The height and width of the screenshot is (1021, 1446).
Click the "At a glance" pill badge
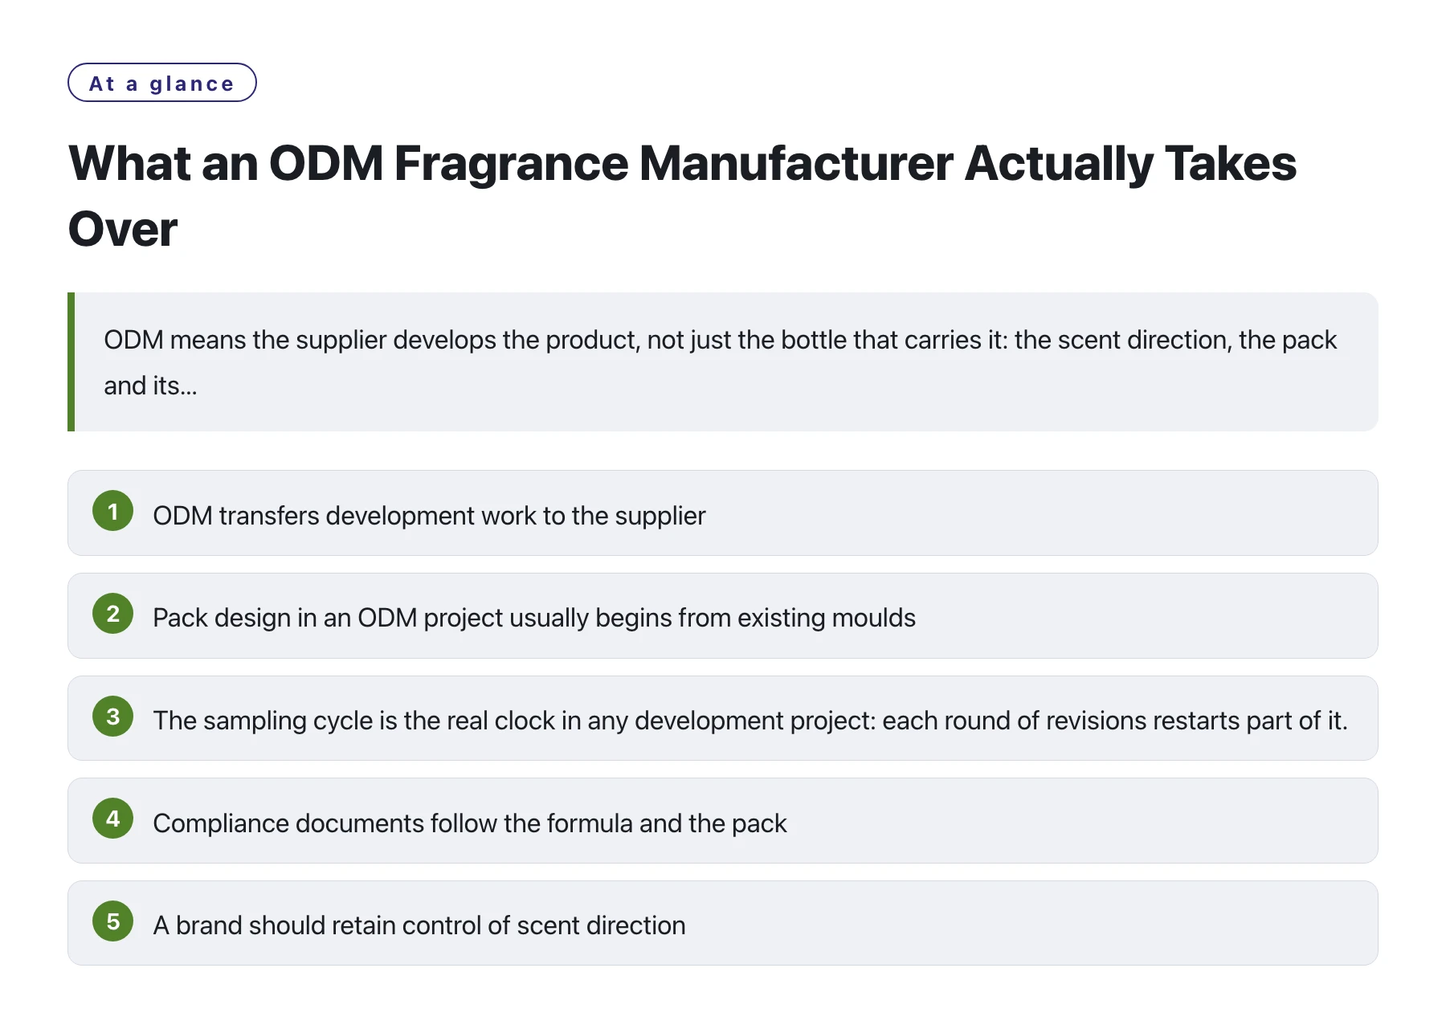(x=162, y=83)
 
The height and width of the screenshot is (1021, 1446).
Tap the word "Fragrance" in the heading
(x=511, y=163)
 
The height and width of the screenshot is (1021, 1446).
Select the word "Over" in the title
(x=123, y=229)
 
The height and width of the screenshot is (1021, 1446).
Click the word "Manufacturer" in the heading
(x=796, y=163)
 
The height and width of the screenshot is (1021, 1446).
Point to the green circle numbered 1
(x=113, y=511)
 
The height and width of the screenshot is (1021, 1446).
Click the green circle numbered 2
(x=113, y=614)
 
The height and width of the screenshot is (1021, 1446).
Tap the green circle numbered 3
(x=113, y=717)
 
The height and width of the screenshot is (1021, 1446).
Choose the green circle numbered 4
(x=113, y=819)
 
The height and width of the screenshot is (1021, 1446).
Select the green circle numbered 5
(x=113, y=921)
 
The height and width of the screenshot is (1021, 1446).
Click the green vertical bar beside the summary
(x=71, y=361)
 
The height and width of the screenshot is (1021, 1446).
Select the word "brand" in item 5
(x=209, y=925)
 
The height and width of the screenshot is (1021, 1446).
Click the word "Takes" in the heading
(x=1230, y=163)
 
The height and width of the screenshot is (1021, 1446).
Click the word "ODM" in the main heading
(x=326, y=163)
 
